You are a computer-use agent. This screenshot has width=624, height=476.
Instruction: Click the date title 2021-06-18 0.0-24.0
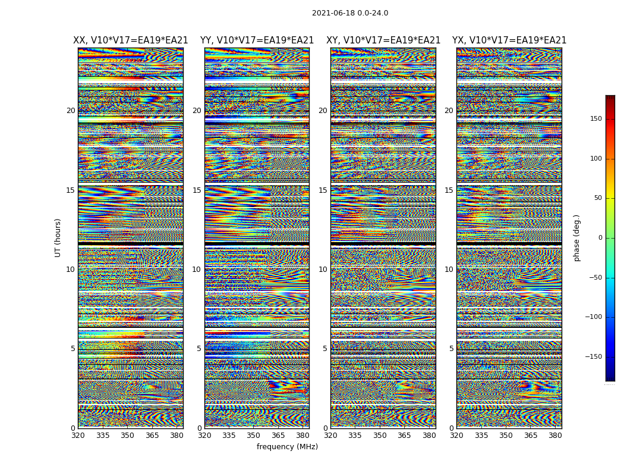(x=350, y=13)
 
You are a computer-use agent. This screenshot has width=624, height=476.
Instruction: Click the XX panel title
(x=131, y=40)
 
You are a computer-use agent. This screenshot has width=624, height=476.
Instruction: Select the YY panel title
(x=257, y=40)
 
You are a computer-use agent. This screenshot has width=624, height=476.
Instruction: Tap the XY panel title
(x=383, y=40)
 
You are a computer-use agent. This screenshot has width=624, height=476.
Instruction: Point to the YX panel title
(x=509, y=40)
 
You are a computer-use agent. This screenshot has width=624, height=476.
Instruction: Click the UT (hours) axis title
(x=58, y=237)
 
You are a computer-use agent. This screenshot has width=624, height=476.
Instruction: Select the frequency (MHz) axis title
(x=287, y=447)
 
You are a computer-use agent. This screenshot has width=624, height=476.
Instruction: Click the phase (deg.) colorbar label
(x=576, y=237)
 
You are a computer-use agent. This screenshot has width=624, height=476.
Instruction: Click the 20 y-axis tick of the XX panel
(x=71, y=111)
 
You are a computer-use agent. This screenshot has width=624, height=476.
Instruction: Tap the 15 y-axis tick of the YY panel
(x=197, y=190)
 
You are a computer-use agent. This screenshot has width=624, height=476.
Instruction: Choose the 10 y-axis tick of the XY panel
(x=323, y=270)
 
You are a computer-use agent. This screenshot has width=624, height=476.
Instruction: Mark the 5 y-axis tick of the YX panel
(x=451, y=349)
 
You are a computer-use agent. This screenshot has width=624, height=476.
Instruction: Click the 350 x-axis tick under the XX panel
(x=127, y=436)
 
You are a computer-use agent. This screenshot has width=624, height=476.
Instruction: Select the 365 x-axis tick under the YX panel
(x=531, y=436)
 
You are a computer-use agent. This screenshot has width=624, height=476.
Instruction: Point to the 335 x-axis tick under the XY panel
(x=355, y=436)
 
